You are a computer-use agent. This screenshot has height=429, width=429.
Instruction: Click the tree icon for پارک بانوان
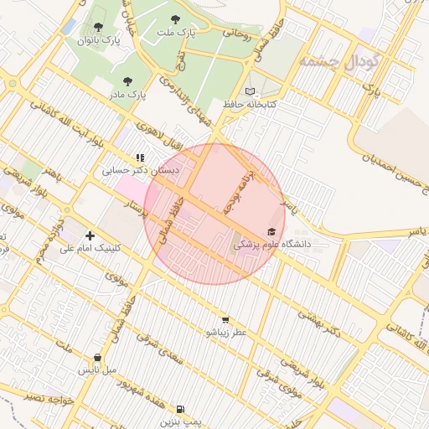[x=100, y=28]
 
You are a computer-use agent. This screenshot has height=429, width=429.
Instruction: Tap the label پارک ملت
[x=175, y=32]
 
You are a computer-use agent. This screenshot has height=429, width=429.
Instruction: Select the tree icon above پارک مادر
[x=127, y=82]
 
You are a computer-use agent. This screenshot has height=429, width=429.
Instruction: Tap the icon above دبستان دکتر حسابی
[x=140, y=157]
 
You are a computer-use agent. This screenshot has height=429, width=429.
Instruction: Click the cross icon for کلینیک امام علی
[x=90, y=235]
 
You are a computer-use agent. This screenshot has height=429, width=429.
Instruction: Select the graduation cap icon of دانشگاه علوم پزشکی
[x=271, y=231]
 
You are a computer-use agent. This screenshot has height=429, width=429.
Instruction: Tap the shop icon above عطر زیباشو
[x=225, y=320]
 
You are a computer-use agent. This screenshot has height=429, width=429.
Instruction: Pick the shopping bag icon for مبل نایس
[x=99, y=358]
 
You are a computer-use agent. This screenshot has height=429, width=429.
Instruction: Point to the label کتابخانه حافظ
[x=250, y=105]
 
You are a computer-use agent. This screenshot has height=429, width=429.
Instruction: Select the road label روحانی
[x=236, y=33]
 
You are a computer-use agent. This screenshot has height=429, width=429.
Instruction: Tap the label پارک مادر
[x=127, y=95]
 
